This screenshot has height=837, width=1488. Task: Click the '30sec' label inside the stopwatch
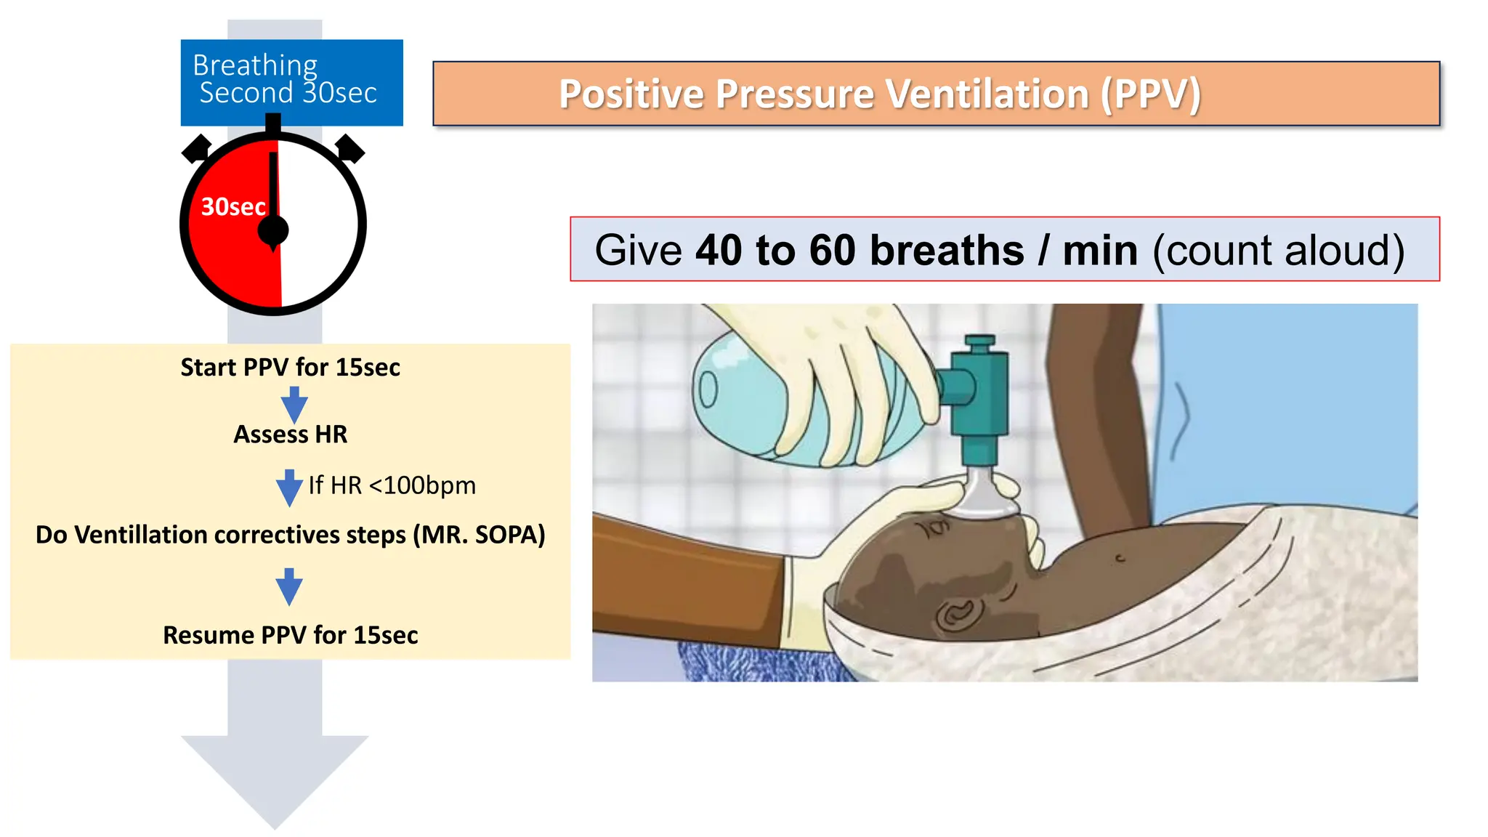(233, 207)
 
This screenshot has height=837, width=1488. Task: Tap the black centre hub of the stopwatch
(273, 230)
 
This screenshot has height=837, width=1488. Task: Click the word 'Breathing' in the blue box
(255, 65)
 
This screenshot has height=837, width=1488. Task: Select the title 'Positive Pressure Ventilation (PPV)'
(879, 94)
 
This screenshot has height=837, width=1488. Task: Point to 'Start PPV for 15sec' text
(290, 368)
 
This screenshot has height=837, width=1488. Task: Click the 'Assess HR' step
(290, 434)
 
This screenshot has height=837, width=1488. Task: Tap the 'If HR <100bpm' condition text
(392, 485)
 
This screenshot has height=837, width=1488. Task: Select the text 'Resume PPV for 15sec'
(290, 635)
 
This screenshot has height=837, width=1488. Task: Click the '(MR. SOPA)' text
(480, 535)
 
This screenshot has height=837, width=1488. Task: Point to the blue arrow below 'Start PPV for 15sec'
(294, 404)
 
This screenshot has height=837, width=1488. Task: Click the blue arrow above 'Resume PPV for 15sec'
(289, 586)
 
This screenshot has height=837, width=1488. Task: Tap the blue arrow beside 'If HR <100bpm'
(289, 487)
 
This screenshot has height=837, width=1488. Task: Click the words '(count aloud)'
(1279, 250)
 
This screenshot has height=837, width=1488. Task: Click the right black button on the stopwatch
(349, 148)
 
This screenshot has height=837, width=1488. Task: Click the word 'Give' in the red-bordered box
(638, 250)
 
